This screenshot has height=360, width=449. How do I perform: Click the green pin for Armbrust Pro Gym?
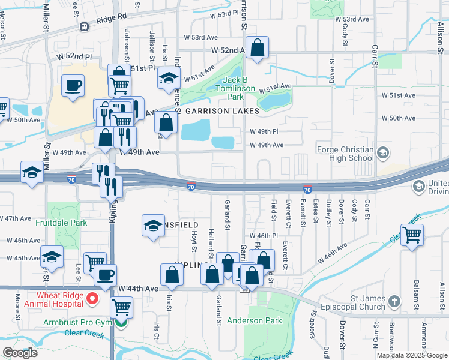(x=121, y=323)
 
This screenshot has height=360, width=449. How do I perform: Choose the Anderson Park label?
(x=255, y=320)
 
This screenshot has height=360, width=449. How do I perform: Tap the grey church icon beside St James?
(x=394, y=301)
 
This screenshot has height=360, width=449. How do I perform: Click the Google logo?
(x=20, y=352)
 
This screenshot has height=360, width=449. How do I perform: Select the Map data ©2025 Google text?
(x=412, y=355)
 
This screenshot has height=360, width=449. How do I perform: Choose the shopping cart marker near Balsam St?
(x=412, y=235)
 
